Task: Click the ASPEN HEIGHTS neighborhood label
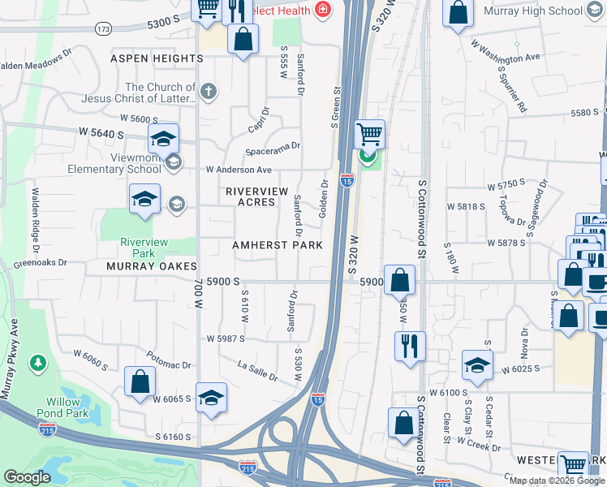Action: click(157, 58)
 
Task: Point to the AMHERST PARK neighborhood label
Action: click(277, 245)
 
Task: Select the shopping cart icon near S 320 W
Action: click(370, 133)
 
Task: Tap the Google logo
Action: click(27, 477)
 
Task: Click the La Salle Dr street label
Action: click(258, 371)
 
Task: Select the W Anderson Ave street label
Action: click(239, 170)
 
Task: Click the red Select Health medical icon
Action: click(323, 10)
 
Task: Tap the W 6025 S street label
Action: click(521, 369)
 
